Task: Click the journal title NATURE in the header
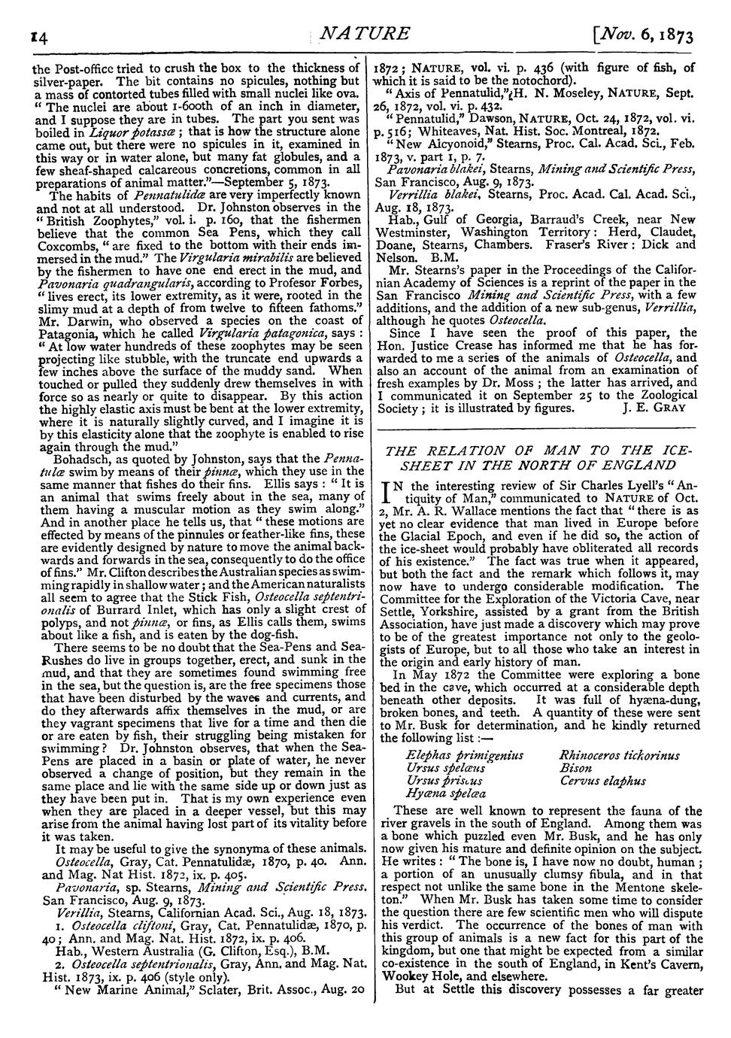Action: click(x=365, y=34)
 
